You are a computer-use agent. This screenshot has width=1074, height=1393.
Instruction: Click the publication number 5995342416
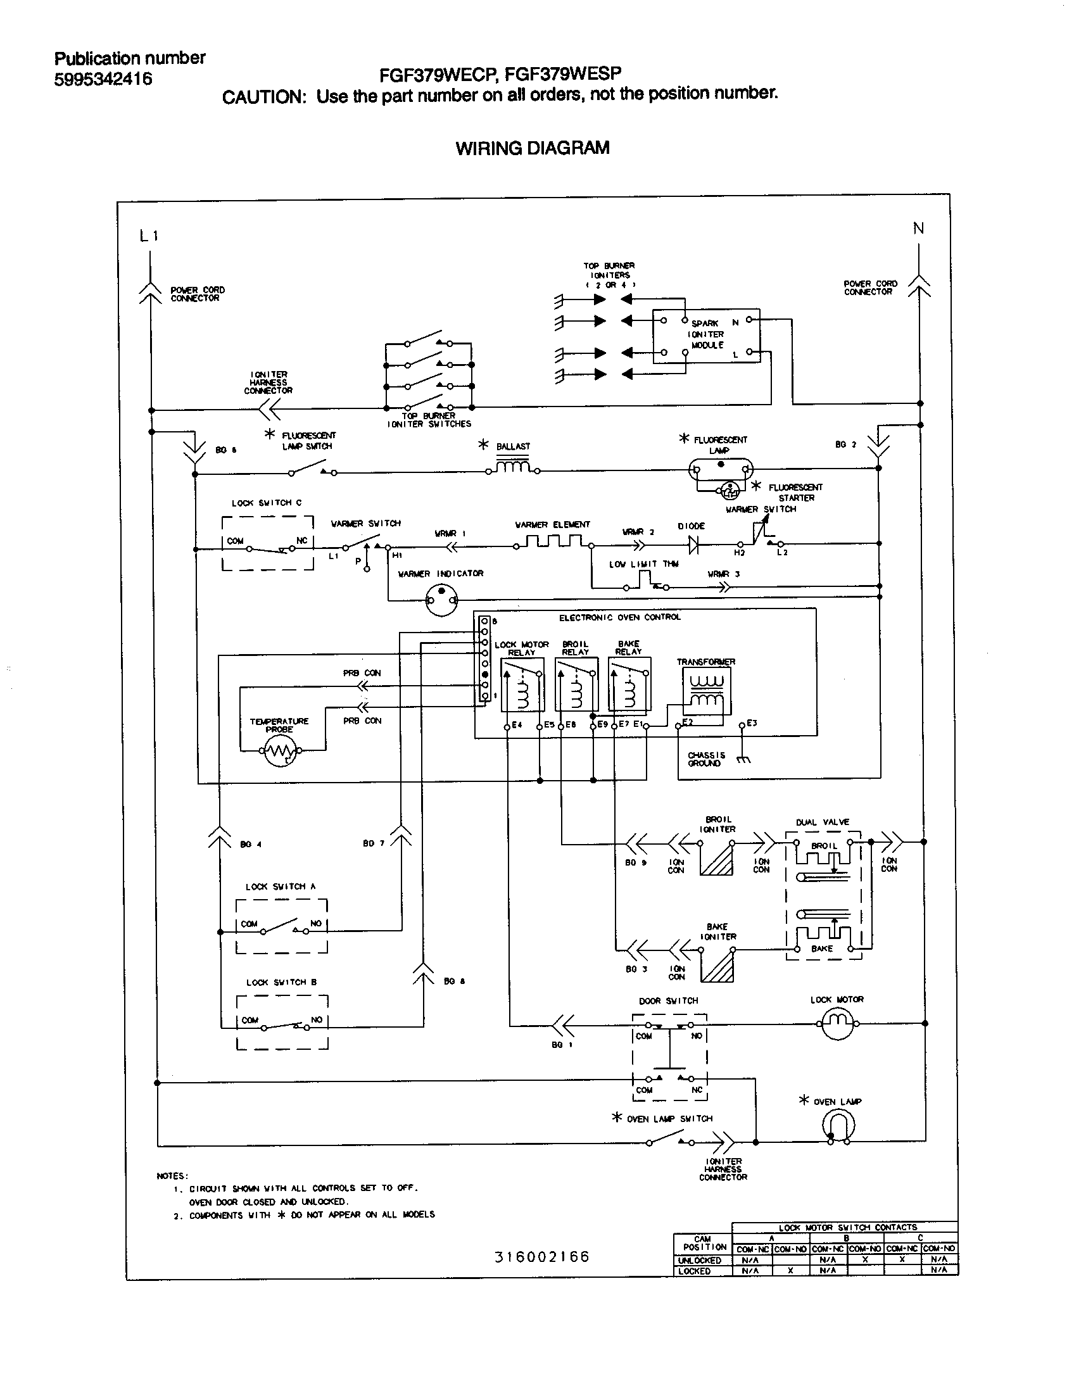coord(103,79)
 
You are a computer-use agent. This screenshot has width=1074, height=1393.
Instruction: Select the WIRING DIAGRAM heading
coord(533,148)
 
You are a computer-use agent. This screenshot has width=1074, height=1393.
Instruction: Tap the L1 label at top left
coord(149,236)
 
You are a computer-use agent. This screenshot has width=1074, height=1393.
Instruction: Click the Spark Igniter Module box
coord(706,336)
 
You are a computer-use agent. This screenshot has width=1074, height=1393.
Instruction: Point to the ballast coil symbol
coord(514,468)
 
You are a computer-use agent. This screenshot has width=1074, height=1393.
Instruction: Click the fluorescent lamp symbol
coord(720,470)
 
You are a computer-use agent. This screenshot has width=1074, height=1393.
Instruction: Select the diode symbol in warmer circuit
coord(694,544)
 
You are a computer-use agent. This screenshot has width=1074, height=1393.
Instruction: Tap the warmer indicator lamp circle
coord(441,600)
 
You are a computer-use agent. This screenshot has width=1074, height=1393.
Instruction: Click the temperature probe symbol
coord(281,752)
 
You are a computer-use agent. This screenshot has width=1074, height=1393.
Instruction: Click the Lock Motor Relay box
coord(522,685)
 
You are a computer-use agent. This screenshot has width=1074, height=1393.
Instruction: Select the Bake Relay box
coord(629,685)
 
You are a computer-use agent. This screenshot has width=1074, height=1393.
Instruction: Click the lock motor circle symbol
coord(837,1024)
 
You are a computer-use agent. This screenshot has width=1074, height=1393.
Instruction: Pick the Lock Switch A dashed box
coord(281,926)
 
